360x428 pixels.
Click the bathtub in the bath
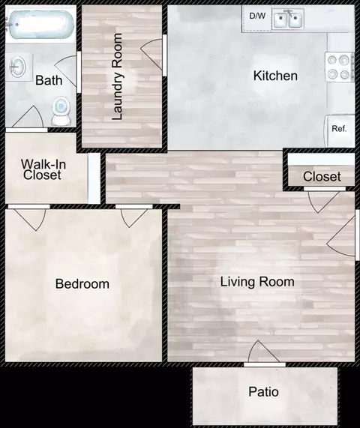tap(40, 25)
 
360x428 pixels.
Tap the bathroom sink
tap(18, 67)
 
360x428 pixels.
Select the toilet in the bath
tap(61, 112)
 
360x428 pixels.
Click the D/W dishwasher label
tap(257, 16)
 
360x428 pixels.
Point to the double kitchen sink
tap(288, 19)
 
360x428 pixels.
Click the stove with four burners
tap(339, 67)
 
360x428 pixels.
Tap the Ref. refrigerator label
tap(339, 129)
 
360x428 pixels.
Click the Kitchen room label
tap(275, 76)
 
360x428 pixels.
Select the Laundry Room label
tap(117, 76)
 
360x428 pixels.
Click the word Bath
tap(49, 80)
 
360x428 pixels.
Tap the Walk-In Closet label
tap(43, 169)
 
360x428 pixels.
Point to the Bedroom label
tap(82, 284)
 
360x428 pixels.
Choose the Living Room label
tap(257, 282)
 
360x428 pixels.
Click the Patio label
tap(263, 392)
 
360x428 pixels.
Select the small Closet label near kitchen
tap(322, 177)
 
